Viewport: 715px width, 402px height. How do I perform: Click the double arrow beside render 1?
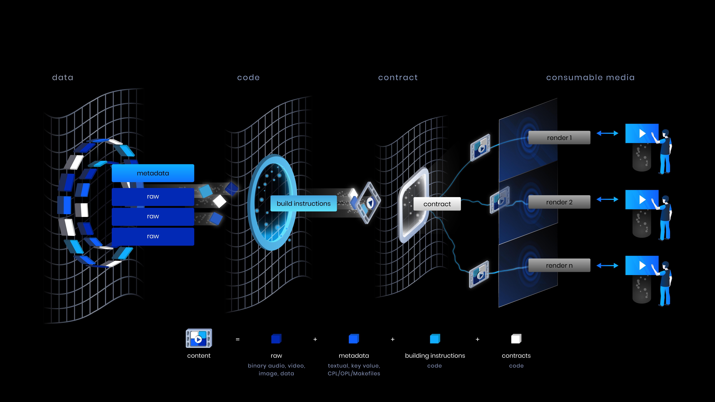(607, 133)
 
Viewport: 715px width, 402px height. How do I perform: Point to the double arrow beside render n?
(607, 266)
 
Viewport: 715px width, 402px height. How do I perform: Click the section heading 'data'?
(63, 77)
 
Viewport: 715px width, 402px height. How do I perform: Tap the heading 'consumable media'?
(590, 77)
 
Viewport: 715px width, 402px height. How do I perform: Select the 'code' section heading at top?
(248, 77)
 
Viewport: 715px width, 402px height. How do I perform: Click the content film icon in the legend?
(199, 338)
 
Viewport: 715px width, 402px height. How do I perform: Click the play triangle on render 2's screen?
(642, 199)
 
